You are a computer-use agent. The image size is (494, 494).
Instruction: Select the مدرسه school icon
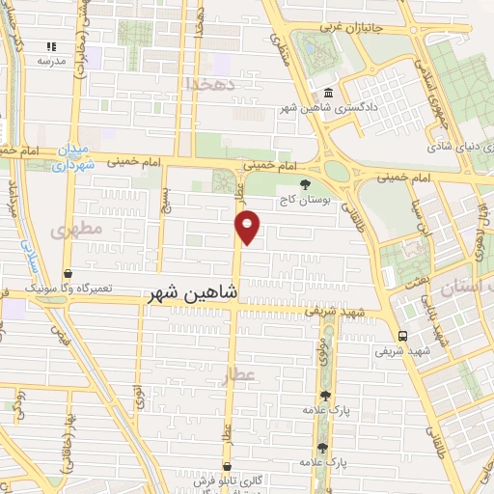coord(51,46)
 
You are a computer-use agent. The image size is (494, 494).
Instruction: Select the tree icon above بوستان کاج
coord(306,183)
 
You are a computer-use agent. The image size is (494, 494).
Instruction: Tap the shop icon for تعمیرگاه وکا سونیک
coord(67,274)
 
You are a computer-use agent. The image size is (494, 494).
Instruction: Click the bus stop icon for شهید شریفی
coord(402,337)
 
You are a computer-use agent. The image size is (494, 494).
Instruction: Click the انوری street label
coord(138,396)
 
